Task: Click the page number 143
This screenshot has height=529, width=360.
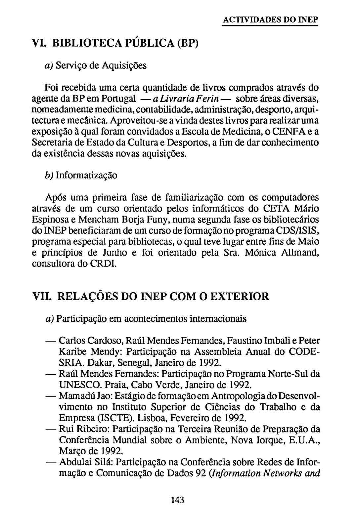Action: pos(178,500)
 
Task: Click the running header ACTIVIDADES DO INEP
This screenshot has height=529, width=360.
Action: pos(270,20)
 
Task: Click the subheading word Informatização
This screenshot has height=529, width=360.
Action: pos(86,175)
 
